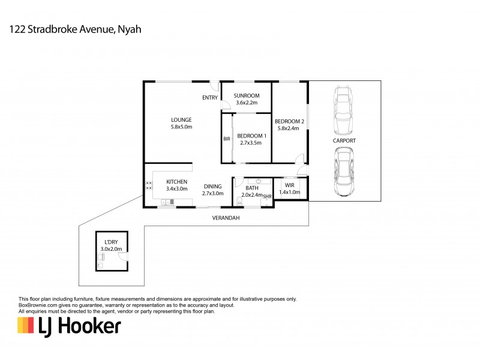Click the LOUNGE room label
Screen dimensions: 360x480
click(x=181, y=119)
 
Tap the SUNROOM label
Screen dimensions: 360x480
click(x=246, y=95)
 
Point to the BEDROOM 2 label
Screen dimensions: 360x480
click(x=290, y=121)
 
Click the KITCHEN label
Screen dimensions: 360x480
click(x=177, y=182)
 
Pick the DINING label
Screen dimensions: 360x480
click(x=212, y=186)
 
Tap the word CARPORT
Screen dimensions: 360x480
click(x=344, y=140)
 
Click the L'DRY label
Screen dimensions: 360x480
click(x=112, y=241)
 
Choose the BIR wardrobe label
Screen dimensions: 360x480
click(x=227, y=139)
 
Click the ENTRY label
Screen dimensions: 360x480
click(x=210, y=98)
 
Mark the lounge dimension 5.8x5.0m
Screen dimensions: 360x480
click(x=181, y=127)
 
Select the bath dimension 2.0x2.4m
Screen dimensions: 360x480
click(x=252, y=194)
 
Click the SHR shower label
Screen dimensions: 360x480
click(x=268, y=196)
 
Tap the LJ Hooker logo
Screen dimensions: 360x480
click(x=70, y=326)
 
